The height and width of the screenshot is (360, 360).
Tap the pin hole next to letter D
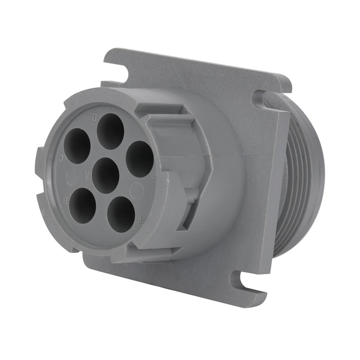coord(110,132)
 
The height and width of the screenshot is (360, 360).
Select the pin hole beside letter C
coord(77,146)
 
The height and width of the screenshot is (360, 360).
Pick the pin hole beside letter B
coord(83,205)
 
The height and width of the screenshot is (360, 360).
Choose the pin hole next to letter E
coord(139,159)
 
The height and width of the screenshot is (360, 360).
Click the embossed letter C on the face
coord(61,159)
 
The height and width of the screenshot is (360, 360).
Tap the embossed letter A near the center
coord(87,173)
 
